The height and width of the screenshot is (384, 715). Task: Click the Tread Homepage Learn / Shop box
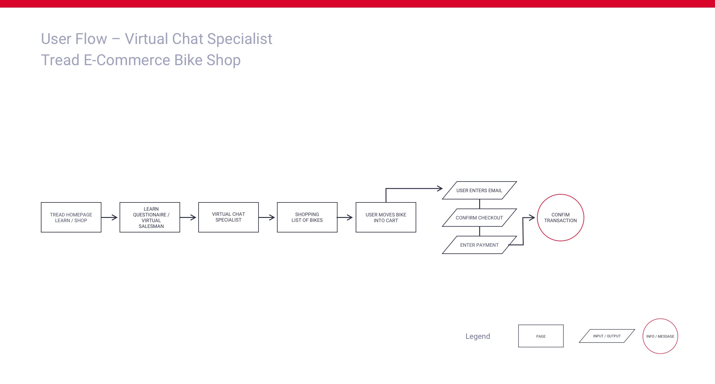(71, 217)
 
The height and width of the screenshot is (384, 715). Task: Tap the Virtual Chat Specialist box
(229, 217)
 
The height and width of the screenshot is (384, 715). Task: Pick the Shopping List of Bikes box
(307, 217)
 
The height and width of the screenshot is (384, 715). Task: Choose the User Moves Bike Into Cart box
(386, 217)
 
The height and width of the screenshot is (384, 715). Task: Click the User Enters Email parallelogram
(479, 190)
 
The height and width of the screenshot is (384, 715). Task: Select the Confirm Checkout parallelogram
(479, 218)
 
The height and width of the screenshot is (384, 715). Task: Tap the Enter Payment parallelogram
(479, 245)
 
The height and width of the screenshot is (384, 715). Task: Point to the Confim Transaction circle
(561, 218)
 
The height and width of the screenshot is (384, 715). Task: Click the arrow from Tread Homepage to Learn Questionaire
(110, 217)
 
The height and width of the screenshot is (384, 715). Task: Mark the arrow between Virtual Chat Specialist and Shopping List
(267, 217)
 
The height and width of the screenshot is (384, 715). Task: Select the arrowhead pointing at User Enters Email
(440, 189)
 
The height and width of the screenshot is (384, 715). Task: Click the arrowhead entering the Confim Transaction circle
(532, 218)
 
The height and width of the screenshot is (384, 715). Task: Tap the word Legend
(478, 336)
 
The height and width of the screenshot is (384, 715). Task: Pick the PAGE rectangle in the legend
(541, 336)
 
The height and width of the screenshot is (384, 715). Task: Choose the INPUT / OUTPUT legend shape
(607, 336)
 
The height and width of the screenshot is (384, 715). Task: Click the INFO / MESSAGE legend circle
(660, 336)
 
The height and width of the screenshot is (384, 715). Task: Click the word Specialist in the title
(240, 39)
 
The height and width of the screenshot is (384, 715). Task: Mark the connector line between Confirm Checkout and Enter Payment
(479, 231)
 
